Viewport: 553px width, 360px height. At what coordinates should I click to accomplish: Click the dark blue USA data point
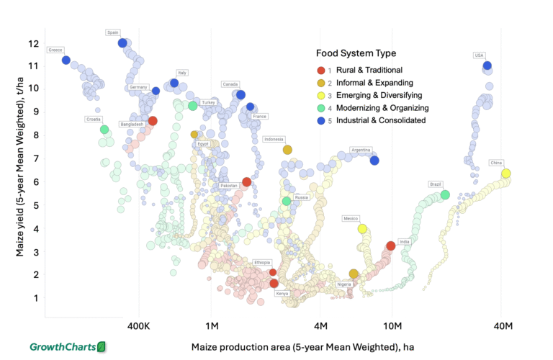click(x=487, y=66)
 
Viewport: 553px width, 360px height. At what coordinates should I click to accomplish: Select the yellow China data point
click(x=506, y=174)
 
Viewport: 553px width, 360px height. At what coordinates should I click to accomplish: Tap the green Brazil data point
click(x=445, y=195)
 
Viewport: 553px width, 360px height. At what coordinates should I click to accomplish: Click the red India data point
click(x=391, y=246)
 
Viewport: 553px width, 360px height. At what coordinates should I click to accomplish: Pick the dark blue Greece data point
click(x=66, y=60)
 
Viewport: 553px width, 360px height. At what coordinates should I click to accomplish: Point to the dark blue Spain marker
click(x=122, y=43)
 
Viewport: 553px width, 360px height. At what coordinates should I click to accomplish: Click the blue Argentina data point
click(x=374, y=160)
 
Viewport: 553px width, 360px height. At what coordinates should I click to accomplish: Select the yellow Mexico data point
click(x=362, y=229)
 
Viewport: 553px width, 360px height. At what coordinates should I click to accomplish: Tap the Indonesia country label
click(x=274, y=140)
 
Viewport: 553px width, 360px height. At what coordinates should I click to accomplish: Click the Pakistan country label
click(x=228, y=186)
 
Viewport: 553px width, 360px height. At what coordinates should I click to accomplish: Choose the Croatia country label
click(x=94, y=119)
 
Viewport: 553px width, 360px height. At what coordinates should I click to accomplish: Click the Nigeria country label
click(x=344, y=284)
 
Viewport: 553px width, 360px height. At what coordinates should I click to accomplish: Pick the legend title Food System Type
click(x=356, y=53)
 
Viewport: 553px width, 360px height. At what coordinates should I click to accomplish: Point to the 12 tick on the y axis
click(x=33, y=43)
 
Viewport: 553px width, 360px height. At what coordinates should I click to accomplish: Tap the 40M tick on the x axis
click(x=502, y=326)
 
